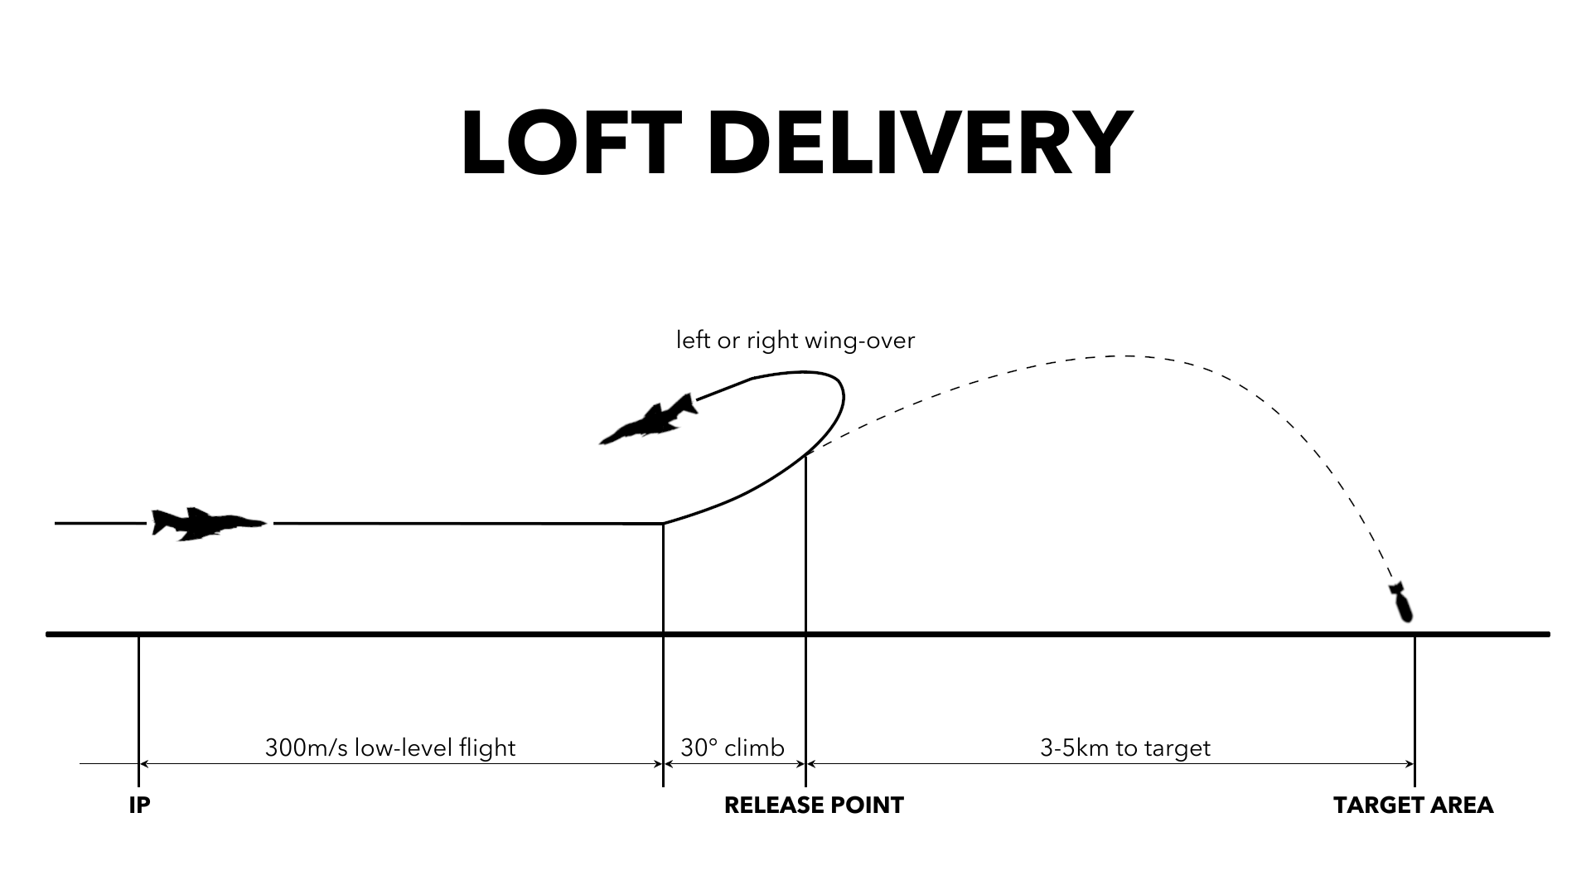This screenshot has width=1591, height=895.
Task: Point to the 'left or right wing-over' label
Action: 795,341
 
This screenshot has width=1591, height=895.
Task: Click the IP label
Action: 139,805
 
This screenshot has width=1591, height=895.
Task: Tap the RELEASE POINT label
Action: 814,805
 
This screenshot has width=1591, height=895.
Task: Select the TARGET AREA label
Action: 1414,805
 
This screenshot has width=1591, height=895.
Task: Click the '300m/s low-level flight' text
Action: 390,748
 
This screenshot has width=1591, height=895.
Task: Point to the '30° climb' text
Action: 733,748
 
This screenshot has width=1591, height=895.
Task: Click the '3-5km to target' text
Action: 1125,748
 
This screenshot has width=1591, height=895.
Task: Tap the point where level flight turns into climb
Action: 663,523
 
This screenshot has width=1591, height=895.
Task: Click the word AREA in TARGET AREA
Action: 1462,805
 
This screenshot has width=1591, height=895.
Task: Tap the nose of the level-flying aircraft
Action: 264,523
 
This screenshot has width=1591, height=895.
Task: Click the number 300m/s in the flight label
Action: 307,748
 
